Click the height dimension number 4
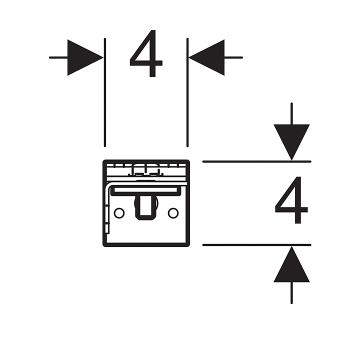click(x=291, y=200)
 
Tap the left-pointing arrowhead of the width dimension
click(x=207, y=57)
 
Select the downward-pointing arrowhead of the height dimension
click(x=291, y=141)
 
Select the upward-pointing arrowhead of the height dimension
click(x=291, y=265)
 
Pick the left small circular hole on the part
click(x=119, y=213)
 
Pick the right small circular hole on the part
click(x=173, y=213)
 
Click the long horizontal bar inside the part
click(x=145, y=190)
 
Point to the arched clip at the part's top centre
click(x=145, y=171)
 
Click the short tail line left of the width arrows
click(x=58, y=57)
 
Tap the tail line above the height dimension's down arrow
click(x=291, y=113)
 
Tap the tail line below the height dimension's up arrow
click(x=291, y=293)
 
